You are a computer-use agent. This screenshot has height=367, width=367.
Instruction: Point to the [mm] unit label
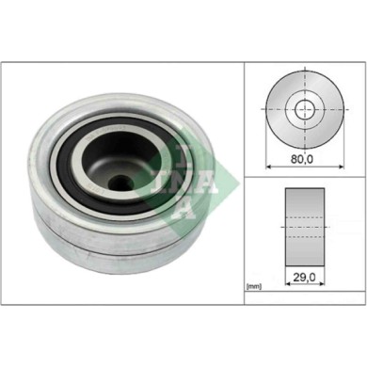[x=253, y=284]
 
